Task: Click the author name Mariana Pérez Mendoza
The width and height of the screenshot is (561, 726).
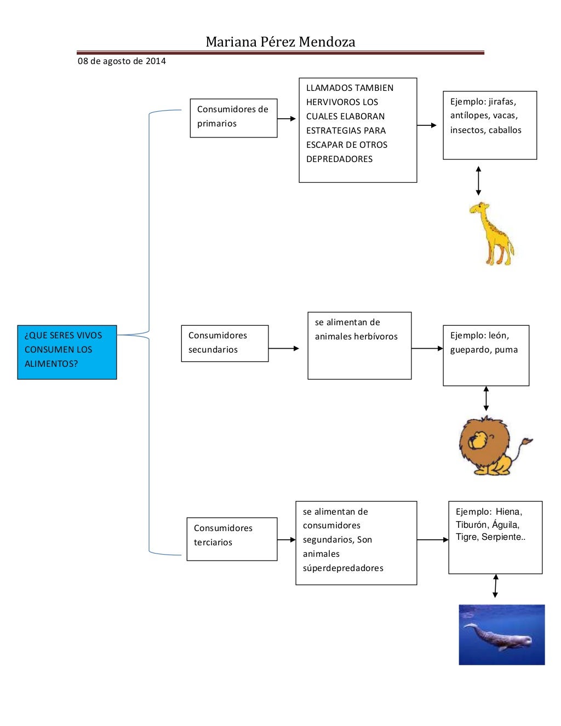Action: (x=280, y=42)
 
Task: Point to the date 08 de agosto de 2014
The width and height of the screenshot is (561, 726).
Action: (x=122, y=61)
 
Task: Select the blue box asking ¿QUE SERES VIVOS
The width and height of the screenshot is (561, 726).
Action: (x=67, y=352)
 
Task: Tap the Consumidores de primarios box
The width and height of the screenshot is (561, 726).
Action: (x=233, y=118)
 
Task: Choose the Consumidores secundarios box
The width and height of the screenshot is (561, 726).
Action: (x=225, y=343)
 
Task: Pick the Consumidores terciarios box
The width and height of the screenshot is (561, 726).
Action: (x=232, y=539)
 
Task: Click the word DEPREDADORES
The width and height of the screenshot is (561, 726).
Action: (x=339, y=159)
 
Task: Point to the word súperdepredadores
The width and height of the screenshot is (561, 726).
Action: (x=343, y=568)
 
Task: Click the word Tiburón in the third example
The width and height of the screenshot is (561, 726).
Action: (x=471, y=525)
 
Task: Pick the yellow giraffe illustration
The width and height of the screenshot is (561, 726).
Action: (x=491, y=234)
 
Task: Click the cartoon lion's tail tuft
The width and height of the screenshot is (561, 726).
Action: (x=527, y=440)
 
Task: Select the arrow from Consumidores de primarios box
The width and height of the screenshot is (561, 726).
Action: (x=286, y=118)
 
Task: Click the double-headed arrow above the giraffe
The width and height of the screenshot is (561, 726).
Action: (x=478, y=181)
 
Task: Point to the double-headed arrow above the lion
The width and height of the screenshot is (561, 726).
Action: (x=486, y=399)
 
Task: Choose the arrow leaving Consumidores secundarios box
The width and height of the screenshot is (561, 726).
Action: (x=283, y=348)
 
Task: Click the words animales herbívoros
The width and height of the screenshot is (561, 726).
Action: (x=356, y=336)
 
